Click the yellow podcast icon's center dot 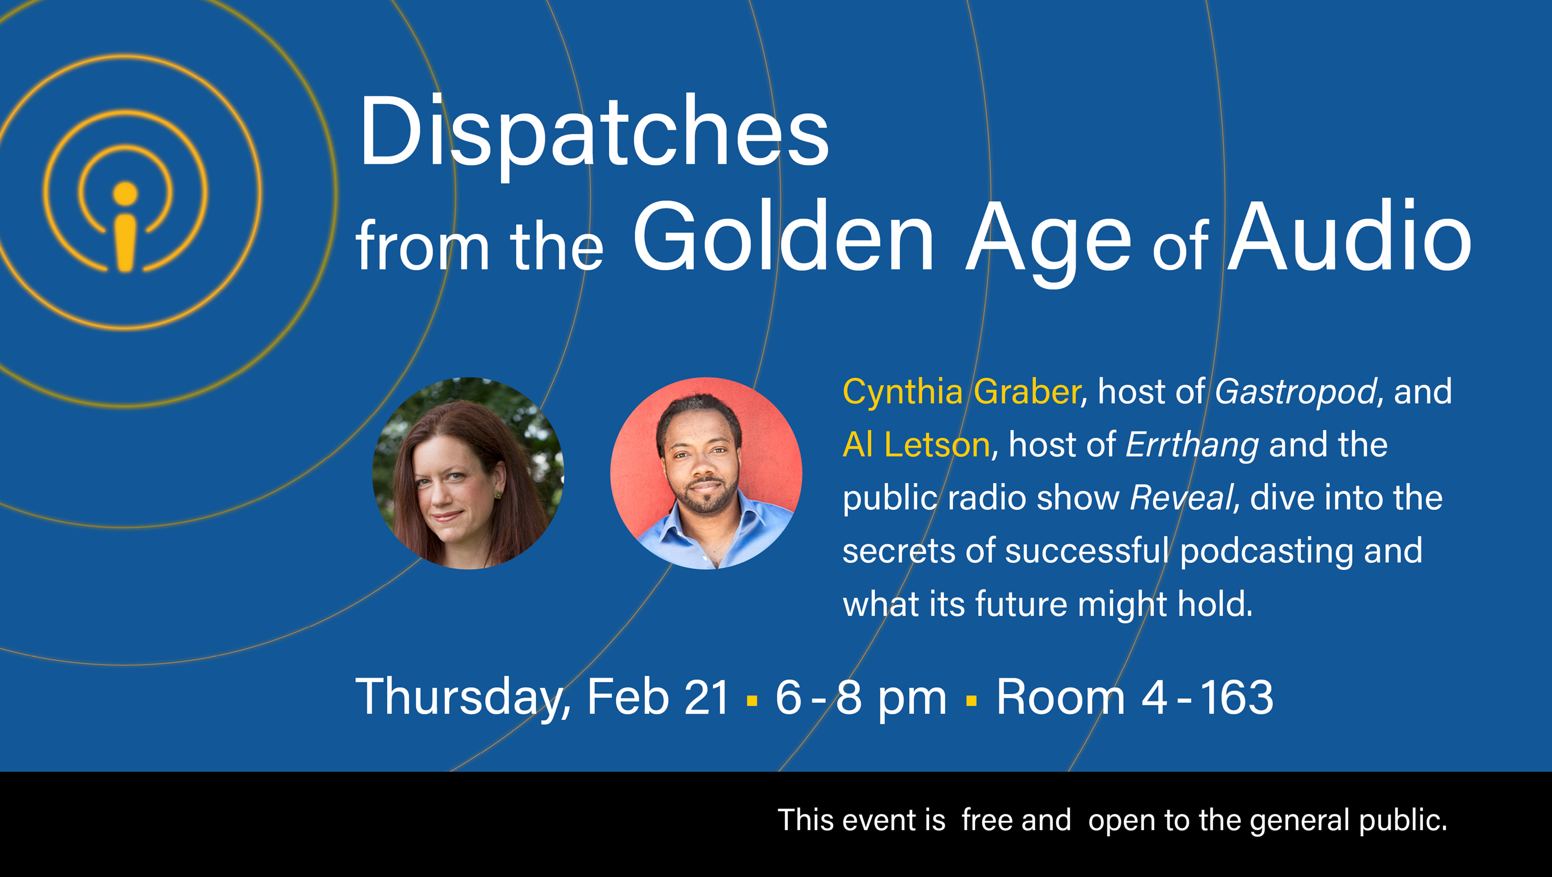tap(125, 193)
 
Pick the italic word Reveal tap(1181, 498)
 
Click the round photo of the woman tap(468, 473)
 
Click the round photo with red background tap(706, 473)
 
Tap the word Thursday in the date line tap(457, 698)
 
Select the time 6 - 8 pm tap(861, 698)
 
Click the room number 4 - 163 tap(1207, 697)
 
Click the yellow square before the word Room tap(971, 701)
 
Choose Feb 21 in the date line tap(658, 697)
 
